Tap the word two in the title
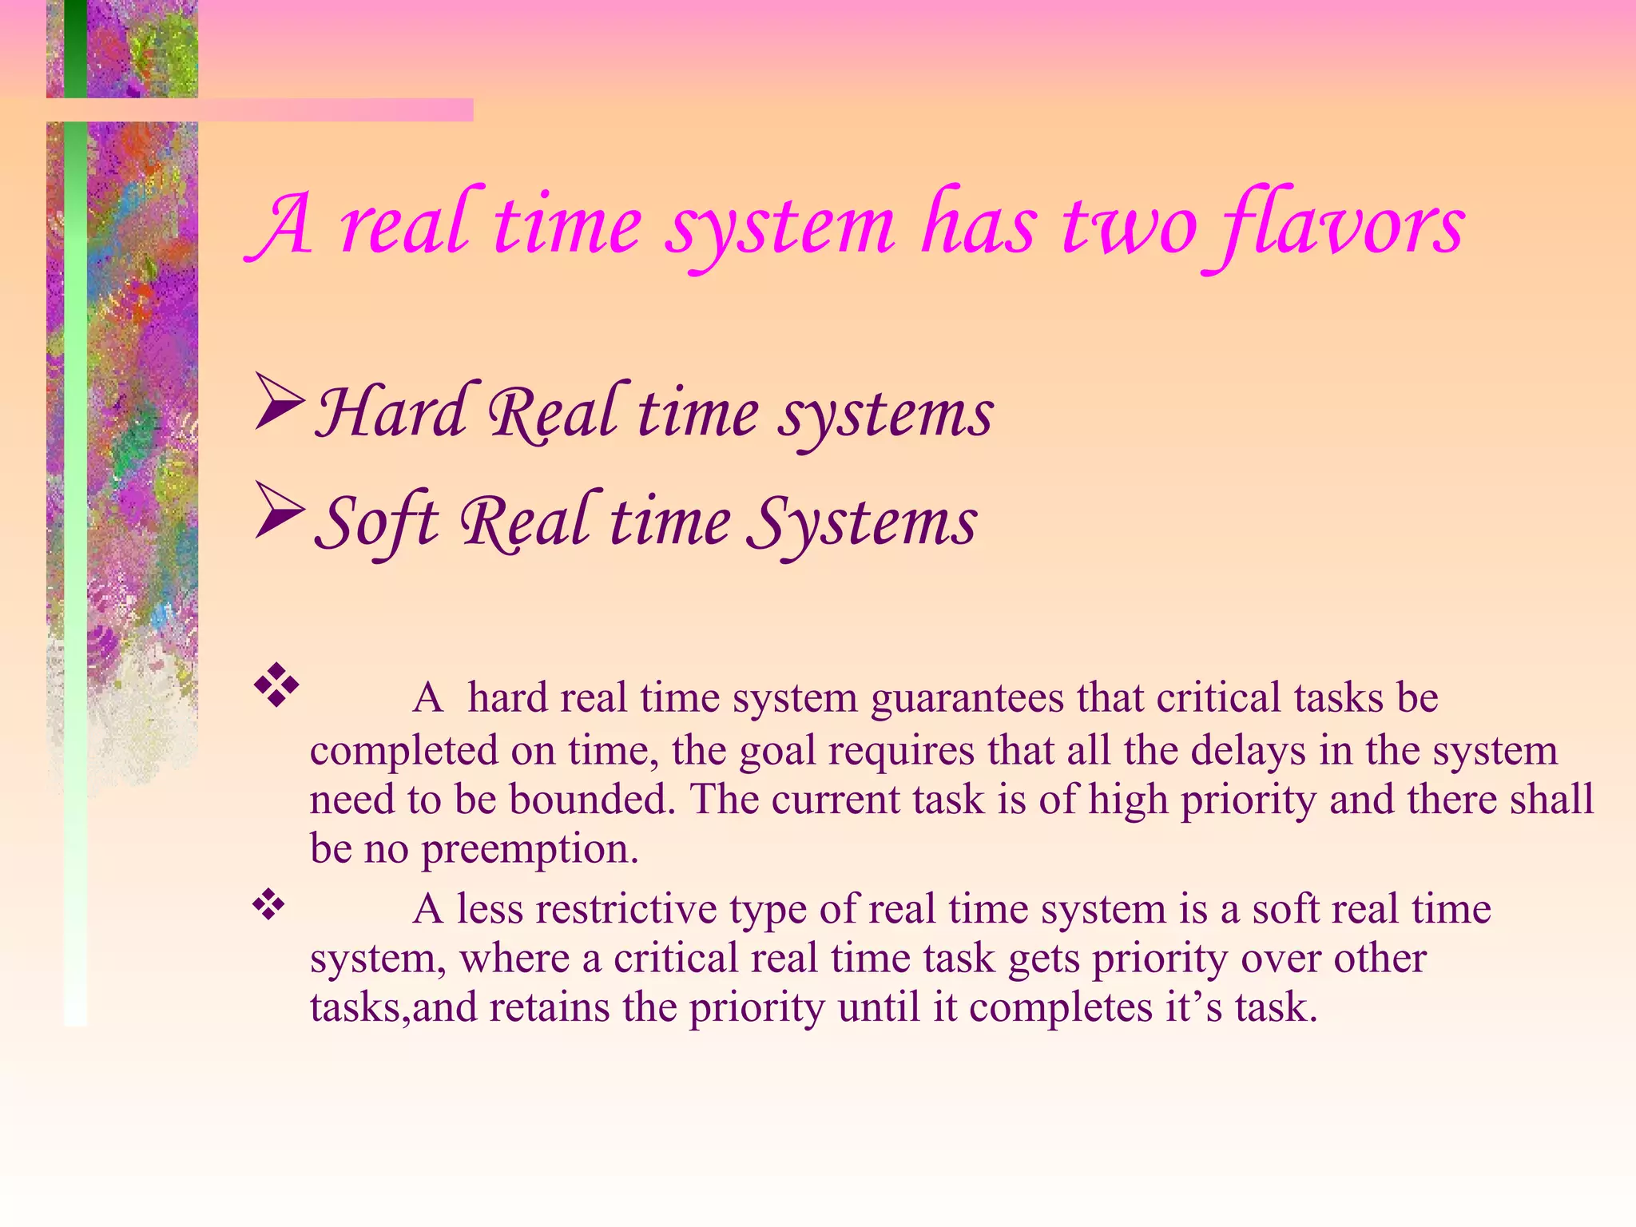pos(1130,227)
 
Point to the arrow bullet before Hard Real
pos(279,403)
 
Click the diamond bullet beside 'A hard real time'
pos(276,685)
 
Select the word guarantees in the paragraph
pos(967,699)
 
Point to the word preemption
pos(530,849)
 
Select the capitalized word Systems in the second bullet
pos(863,522)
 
